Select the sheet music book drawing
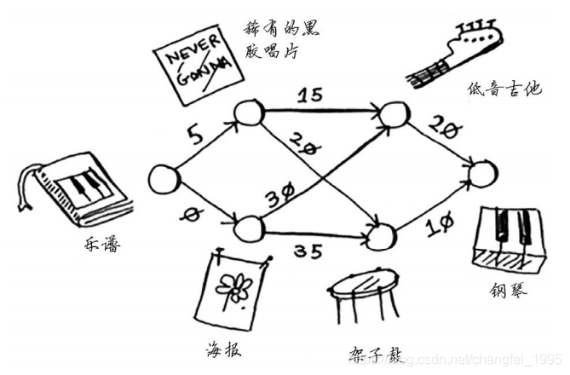coord(75,188)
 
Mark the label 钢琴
coord(508,291)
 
